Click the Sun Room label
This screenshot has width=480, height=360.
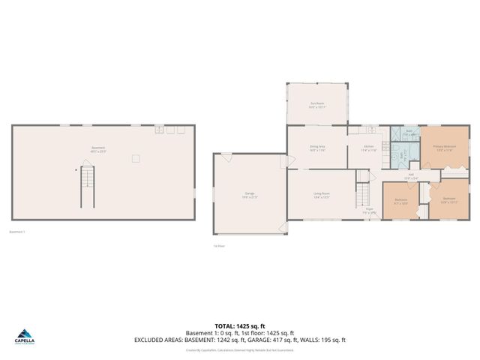(317, 105)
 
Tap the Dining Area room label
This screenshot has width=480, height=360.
(317, 148)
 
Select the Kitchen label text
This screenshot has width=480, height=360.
(369, 148)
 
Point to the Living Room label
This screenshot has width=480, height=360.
(322, 195)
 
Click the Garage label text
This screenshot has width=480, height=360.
(249, 195)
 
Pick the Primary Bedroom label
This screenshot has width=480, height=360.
(445, 148)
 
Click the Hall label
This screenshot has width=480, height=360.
(412, 177)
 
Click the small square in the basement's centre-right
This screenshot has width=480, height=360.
(135, 158)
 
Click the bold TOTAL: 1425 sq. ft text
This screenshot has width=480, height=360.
(241, 325)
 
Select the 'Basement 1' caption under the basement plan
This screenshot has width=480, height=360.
(17, 232)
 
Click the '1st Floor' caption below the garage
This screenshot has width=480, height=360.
(218, 245)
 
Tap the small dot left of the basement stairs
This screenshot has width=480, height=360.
(75, 169)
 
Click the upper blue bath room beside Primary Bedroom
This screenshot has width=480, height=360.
(409, 133)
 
